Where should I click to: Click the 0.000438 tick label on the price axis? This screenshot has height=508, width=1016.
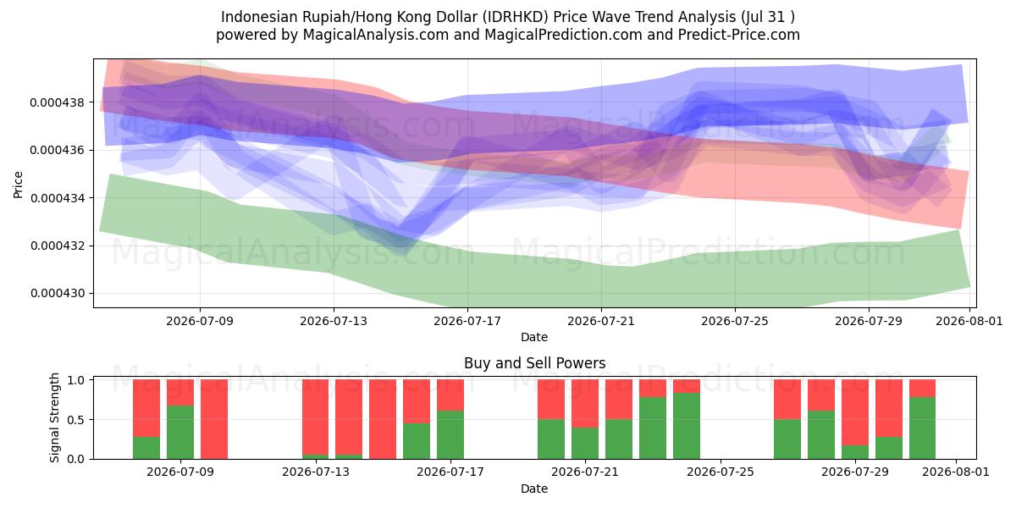(x=58, y=102)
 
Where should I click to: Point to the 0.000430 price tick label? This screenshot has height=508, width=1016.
(x=58, y=294)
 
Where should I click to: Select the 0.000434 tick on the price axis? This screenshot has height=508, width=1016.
(x=58, y=198)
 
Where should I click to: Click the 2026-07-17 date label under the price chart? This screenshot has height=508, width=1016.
(x=467, y=321)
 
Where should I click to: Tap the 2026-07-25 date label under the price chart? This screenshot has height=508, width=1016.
(x=735, y=321)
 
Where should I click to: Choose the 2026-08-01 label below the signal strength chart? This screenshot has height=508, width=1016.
(x=956, y=472)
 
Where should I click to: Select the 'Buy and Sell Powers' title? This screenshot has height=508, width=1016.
(x=534, y=363)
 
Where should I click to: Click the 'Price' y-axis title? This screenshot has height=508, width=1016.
(x=18, y=185)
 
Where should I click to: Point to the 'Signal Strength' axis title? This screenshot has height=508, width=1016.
(x=54, y=417)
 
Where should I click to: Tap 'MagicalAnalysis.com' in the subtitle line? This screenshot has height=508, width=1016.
(x=376, y=35)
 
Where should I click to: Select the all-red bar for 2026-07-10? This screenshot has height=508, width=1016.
(x=214, y=419)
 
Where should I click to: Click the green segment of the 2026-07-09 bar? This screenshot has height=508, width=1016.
(x=180, y=433)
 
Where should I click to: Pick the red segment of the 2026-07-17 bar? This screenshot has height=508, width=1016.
(x=450, y=395)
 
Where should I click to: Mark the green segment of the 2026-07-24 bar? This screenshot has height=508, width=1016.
(x=687, y=426)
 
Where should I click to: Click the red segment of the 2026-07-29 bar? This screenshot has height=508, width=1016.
(x=855, y=413)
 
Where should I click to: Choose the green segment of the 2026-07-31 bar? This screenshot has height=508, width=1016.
(x=923, y=428)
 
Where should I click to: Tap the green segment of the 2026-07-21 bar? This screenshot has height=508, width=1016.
(x=585, y=443)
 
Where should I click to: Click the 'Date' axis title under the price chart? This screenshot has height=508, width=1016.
(x=534, y=337)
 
